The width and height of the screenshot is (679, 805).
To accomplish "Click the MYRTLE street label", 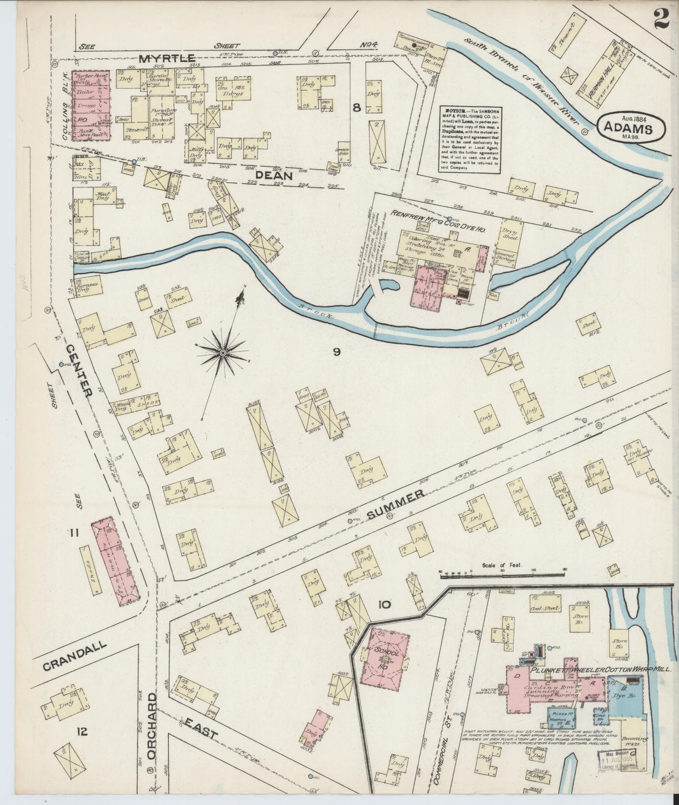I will tap(167, 58).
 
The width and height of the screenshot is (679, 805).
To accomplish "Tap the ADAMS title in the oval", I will tap(627, 128).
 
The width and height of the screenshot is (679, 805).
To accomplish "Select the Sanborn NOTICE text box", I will tap(470, 140).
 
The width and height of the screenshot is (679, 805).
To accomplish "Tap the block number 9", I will tap(336, 351).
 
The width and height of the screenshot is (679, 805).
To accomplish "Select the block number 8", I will tap(357, 108).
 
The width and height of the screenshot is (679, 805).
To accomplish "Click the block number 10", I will tap(383, 604).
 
